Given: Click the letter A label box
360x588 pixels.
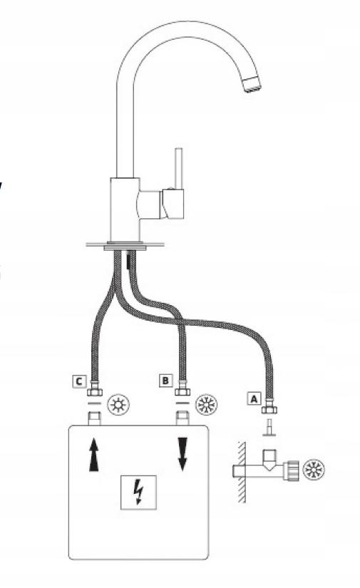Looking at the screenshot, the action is point(254,398).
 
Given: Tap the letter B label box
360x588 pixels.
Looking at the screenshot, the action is point(165,381).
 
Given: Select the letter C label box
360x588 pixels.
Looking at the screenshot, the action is point(79,381).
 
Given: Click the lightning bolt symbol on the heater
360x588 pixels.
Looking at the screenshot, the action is point(139,492).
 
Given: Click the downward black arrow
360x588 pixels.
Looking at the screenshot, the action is point(182,454).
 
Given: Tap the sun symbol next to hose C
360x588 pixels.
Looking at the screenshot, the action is point(118,405).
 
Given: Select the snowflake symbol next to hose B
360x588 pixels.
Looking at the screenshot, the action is point(206,405).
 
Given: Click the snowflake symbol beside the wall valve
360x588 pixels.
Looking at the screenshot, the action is point(314,469).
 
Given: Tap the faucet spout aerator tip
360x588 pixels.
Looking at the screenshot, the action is point(252,84).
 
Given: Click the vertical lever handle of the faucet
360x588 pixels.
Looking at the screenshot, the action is point(178,169).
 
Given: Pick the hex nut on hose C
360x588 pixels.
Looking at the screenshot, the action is point(94,392).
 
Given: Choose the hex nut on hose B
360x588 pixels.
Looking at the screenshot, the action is point(182,392).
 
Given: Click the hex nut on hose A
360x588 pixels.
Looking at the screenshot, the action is point(269,410).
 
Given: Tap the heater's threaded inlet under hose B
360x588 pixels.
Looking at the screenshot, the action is point(182,418).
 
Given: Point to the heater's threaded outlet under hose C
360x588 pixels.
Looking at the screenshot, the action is point(94,418).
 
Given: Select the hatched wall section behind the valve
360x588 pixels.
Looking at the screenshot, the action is point(242,472).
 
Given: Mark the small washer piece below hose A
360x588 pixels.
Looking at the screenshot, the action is point(269,428).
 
